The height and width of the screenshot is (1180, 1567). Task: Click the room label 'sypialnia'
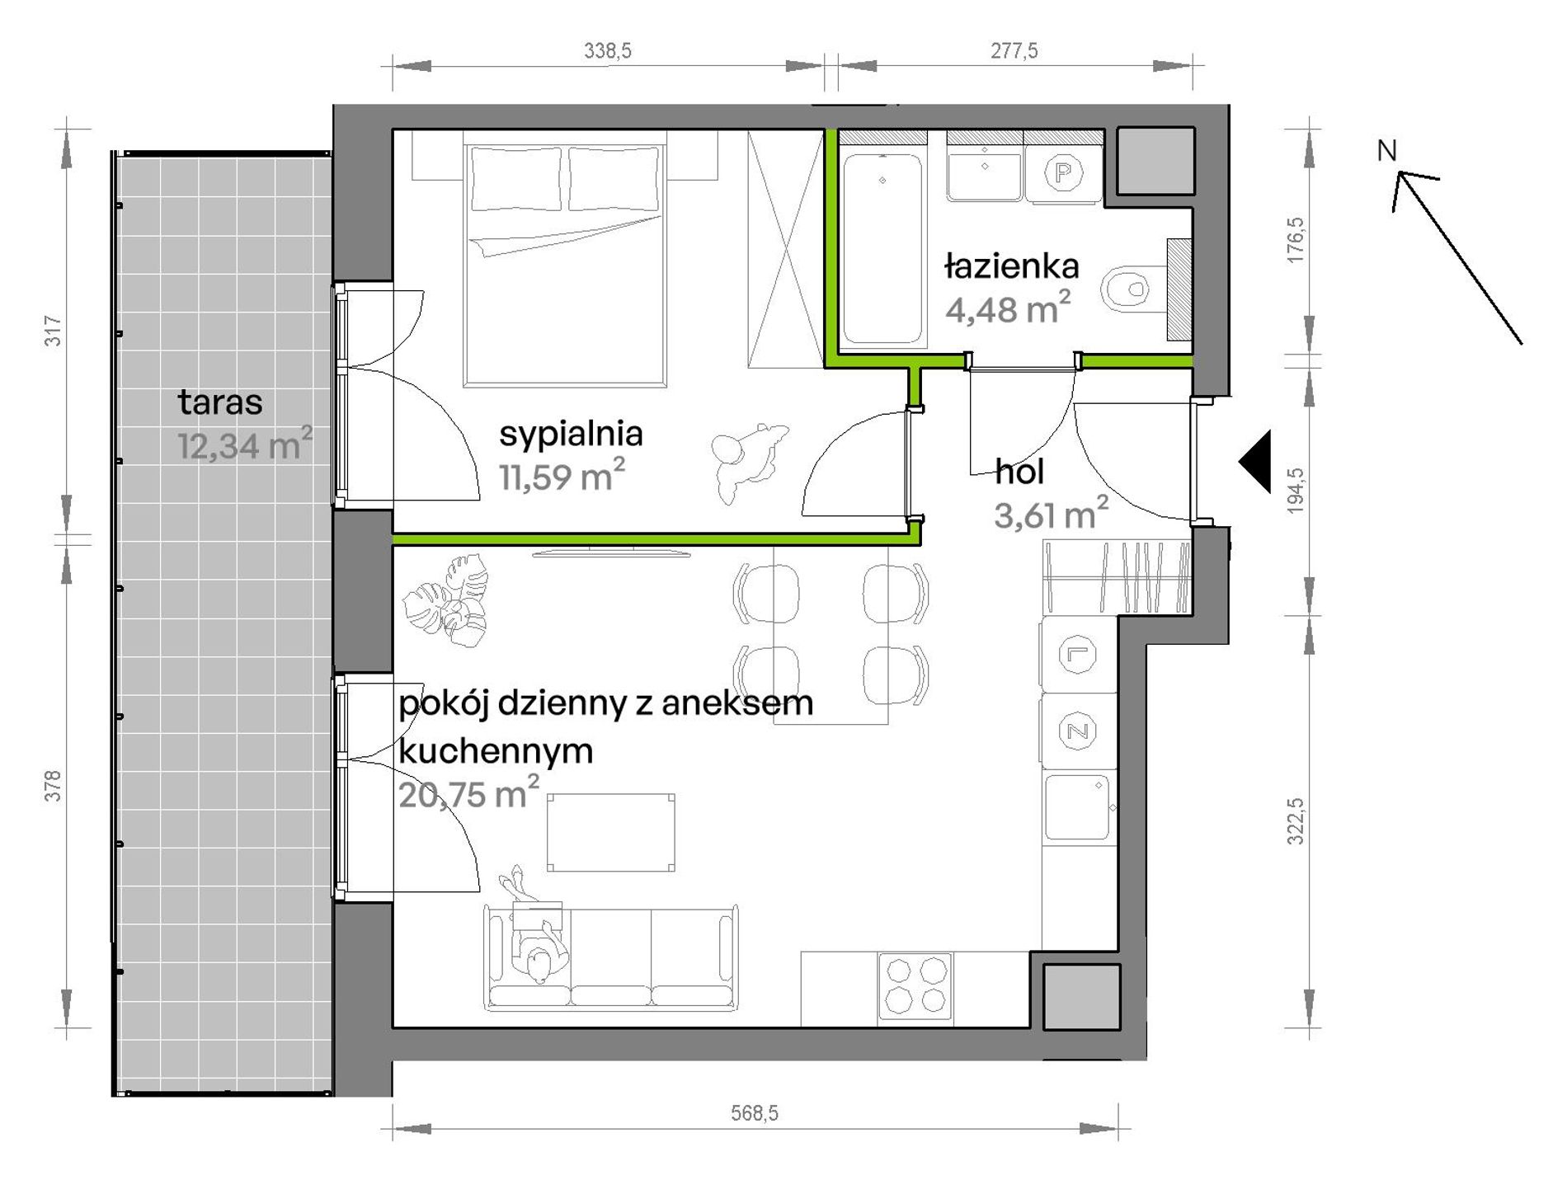[571, 434]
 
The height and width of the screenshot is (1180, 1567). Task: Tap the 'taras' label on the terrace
[220, 402]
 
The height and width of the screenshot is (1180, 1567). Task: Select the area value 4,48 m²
[1008, 307]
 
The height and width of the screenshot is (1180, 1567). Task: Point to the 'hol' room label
[1020, 472]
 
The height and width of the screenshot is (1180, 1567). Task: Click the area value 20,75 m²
[468, 793]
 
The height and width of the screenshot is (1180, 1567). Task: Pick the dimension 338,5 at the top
[608, 51]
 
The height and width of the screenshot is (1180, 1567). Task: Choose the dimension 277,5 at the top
[1014, 51]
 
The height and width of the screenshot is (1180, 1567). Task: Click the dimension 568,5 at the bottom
[755, 1113]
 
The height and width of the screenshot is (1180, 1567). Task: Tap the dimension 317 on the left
[53, 331]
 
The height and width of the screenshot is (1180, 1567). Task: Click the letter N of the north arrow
[1387, 151]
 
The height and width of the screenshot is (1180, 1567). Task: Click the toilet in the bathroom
[1134, 289]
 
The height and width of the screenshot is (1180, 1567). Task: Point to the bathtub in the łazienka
[882, 248]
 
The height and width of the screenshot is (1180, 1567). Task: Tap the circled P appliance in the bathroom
[1063, 173]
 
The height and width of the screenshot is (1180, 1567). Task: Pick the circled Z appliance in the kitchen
[1077, 731]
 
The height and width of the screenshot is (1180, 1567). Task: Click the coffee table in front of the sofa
[611, 833]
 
